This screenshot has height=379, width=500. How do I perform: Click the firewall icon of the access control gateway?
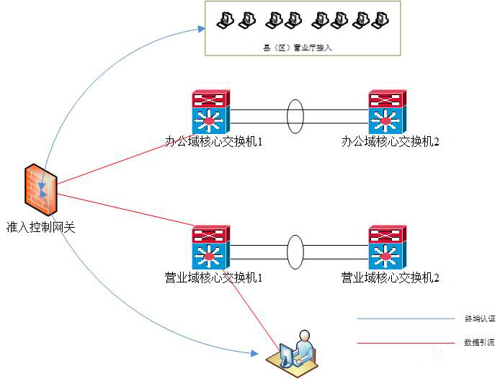click(x=40, y=189)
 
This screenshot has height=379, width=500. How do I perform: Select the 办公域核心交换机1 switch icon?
click(x=210, y=110)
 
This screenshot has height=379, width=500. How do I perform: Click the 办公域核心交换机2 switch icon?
click(x=388, y=110)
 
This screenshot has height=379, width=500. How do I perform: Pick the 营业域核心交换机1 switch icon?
click(x=210, y=246)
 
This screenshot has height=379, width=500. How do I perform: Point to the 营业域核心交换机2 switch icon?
click(x=388, y=246)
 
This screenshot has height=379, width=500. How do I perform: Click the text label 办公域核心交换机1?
click(x=214, y=142)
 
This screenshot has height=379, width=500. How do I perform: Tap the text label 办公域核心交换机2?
click(x=390, y=142)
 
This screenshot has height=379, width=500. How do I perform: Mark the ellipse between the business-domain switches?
click(x=295, y=251)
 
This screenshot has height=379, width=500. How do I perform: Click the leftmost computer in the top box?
click(x=227, y=19)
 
